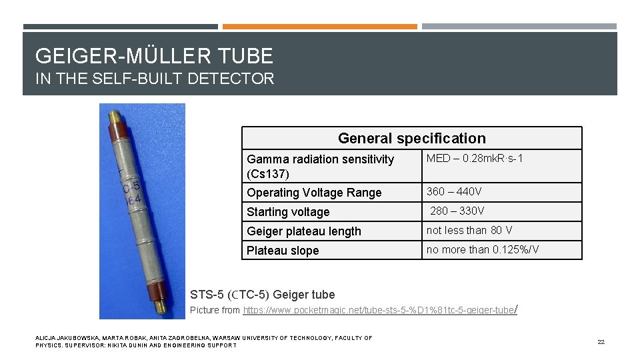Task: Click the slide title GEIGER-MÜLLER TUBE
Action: pyautogui.click(x=154, y=55)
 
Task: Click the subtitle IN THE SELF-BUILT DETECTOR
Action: pyautogui.click(x=155, y=79)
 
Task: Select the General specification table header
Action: pyautogui.click(x=411, y=138)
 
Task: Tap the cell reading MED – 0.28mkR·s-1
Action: pyautogui.click(x=475, y=159)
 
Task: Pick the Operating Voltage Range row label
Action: pyautogui.click(x=314, y=193)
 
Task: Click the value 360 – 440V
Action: pyautogui.click(x=454, y=192)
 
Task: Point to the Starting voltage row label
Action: pyautogui.click(x=288, y=212)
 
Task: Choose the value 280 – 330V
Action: pyautogui.click(x=457, y=211)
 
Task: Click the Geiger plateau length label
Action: pyautogui.click(x=303, y=231)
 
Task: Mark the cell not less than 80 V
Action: pyautogui.click(x=469, y=231)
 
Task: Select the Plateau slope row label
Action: pyautogui.click(x=283, y=251)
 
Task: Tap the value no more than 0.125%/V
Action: pyautogui.click(x=483, y=250)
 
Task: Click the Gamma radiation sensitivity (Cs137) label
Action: pyautogui.click(x=320, y=166)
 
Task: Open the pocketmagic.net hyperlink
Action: pyautogui.click(x=379, y=311)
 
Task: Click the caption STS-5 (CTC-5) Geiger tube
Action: pyautogui.click(x=263, y=295)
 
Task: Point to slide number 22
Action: pyautogui.click(x=601, y=342)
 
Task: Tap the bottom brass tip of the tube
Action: pyautogui.click(x=160, y=307)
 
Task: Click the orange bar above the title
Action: pyautogui.click(x=319, y=27)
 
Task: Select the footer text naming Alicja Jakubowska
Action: pyautogui.click(x=204, y=341)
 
